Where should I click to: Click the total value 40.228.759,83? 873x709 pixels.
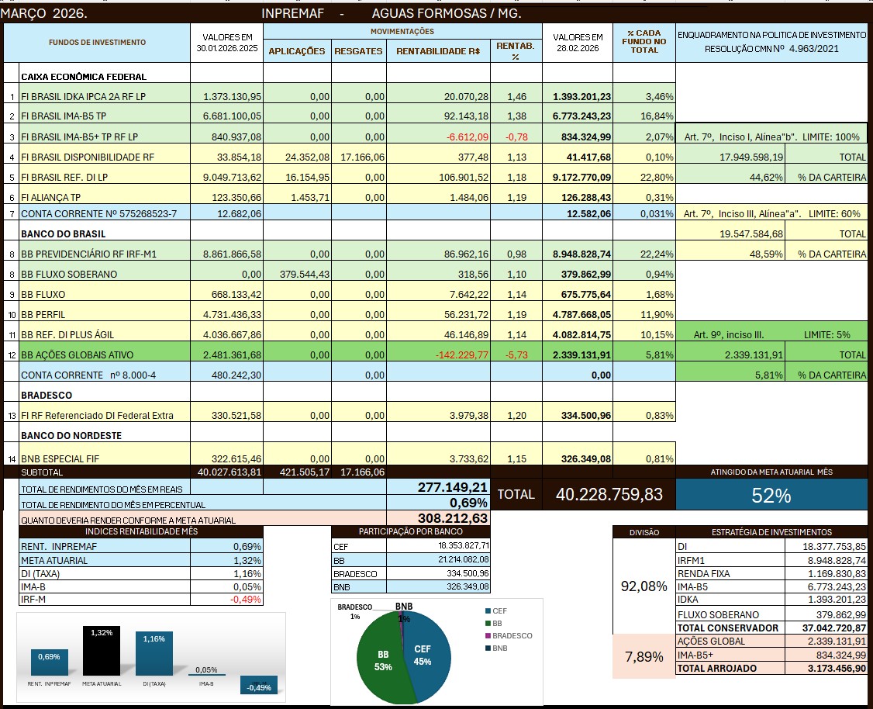(x=609, y=495)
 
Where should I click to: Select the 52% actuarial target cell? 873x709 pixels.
(x=771, y=496)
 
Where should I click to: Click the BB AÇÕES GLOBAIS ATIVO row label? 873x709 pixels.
(x=77, y=354)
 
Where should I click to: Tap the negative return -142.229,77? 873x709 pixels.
(x=457, y=354)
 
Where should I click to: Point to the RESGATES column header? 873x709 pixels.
(x=358, y=51)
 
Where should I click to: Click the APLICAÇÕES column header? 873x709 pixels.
(x=297, y=51)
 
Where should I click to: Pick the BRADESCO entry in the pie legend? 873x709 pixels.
(x=512, y=635)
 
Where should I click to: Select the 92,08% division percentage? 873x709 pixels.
(x=644, y=586)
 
